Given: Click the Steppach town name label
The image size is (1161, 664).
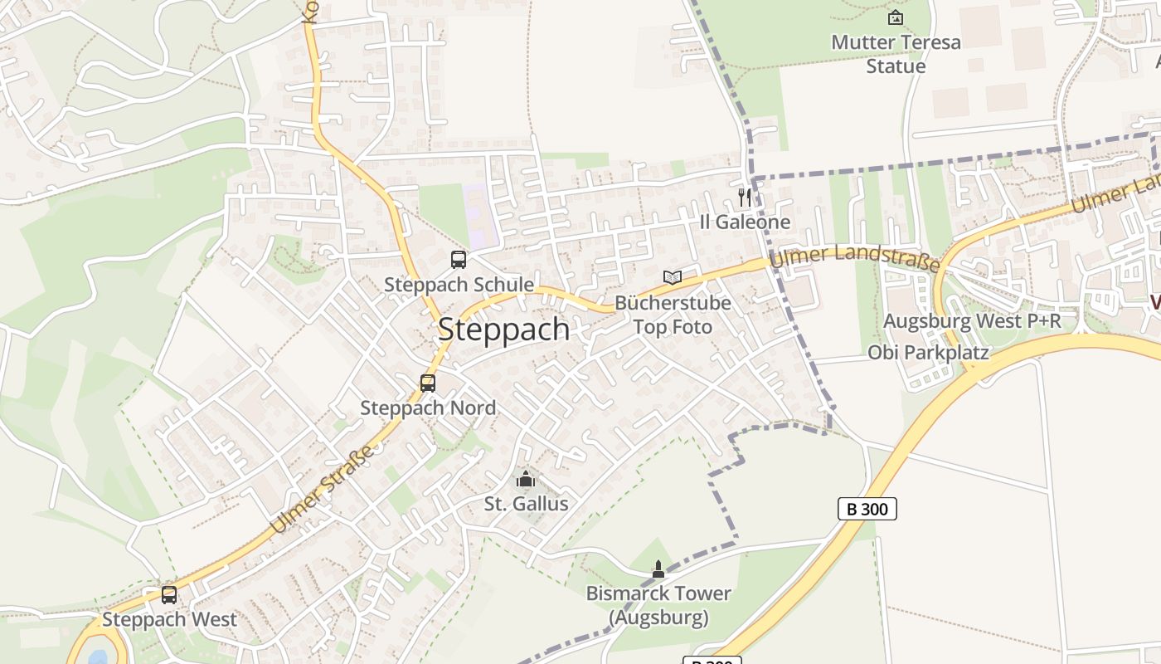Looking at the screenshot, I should click(x=503, y=330).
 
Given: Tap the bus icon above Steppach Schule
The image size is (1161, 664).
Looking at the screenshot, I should click(x=459, y=259).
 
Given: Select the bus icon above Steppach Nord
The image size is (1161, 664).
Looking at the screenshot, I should click(x=428, y=383).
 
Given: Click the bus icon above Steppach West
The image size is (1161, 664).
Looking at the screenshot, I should click(x=169, y=594).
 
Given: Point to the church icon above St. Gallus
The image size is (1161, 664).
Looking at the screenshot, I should click(x=526, y=479).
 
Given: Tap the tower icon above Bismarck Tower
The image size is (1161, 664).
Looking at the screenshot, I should click(x=658, y=569).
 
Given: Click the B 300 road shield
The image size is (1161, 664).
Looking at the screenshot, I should click(x=867, y=509).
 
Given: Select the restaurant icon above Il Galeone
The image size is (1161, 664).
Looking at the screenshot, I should click(x=745, y=198).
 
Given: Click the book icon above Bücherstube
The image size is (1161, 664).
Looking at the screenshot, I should click(x=673, y=277).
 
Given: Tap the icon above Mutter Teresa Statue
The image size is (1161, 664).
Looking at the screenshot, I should click(x=896, y=17).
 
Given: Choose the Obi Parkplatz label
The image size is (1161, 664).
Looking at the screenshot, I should click(x=928, y=353).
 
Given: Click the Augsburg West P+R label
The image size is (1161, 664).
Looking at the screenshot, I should click(x=972, y=321).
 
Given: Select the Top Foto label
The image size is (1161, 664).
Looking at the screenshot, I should click(x=673, y=327).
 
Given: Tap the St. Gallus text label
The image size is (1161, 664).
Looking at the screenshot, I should click(x=526, y=504).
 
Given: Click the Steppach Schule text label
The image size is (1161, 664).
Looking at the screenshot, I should click(x=459, y=285).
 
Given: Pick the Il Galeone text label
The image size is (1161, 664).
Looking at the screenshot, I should click(x=745, y=222).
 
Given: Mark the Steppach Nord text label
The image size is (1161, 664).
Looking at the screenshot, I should click(x=428, y=408).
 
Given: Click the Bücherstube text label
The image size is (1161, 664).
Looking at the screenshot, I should click(x=673, y=303).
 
